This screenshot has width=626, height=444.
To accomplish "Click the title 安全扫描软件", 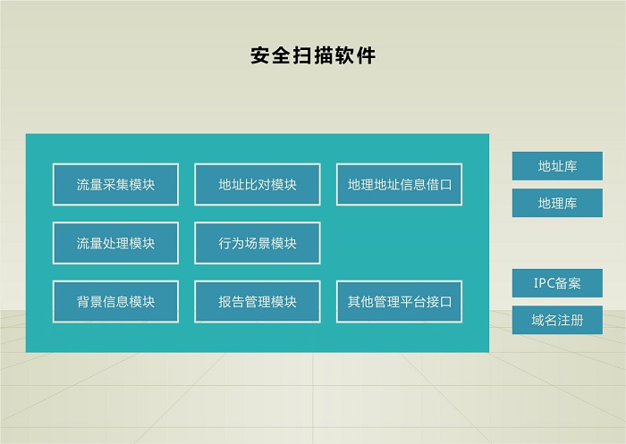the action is point(313,55).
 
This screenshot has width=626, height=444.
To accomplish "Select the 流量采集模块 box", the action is point(115,184).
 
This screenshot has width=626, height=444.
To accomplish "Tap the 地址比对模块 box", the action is point(258,184).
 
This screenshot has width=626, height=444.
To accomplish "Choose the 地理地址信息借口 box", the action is point(399,184).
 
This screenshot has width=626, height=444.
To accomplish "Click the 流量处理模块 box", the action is point(115,243).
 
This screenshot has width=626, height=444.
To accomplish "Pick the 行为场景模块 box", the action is point(258,243).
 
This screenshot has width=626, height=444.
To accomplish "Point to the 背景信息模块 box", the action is point(115,302).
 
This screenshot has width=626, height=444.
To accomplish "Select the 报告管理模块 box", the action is point(258,302).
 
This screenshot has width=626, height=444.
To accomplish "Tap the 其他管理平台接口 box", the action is point(399,302).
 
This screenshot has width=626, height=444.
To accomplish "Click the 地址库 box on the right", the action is point(557,166).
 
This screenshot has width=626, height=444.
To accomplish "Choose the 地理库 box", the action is point(557,203).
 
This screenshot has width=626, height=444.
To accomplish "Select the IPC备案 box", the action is point(557,283).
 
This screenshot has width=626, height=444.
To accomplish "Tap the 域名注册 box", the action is point(557,320).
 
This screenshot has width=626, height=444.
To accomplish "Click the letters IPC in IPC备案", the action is point(544,283).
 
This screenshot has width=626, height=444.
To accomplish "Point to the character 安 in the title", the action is point(260,55).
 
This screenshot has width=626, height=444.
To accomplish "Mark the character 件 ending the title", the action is point(366,55).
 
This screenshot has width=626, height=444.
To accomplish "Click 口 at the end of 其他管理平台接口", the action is point(445,302).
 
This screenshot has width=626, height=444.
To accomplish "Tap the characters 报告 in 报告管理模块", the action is point(231,302).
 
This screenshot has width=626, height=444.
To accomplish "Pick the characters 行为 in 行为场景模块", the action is point(231,243).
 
